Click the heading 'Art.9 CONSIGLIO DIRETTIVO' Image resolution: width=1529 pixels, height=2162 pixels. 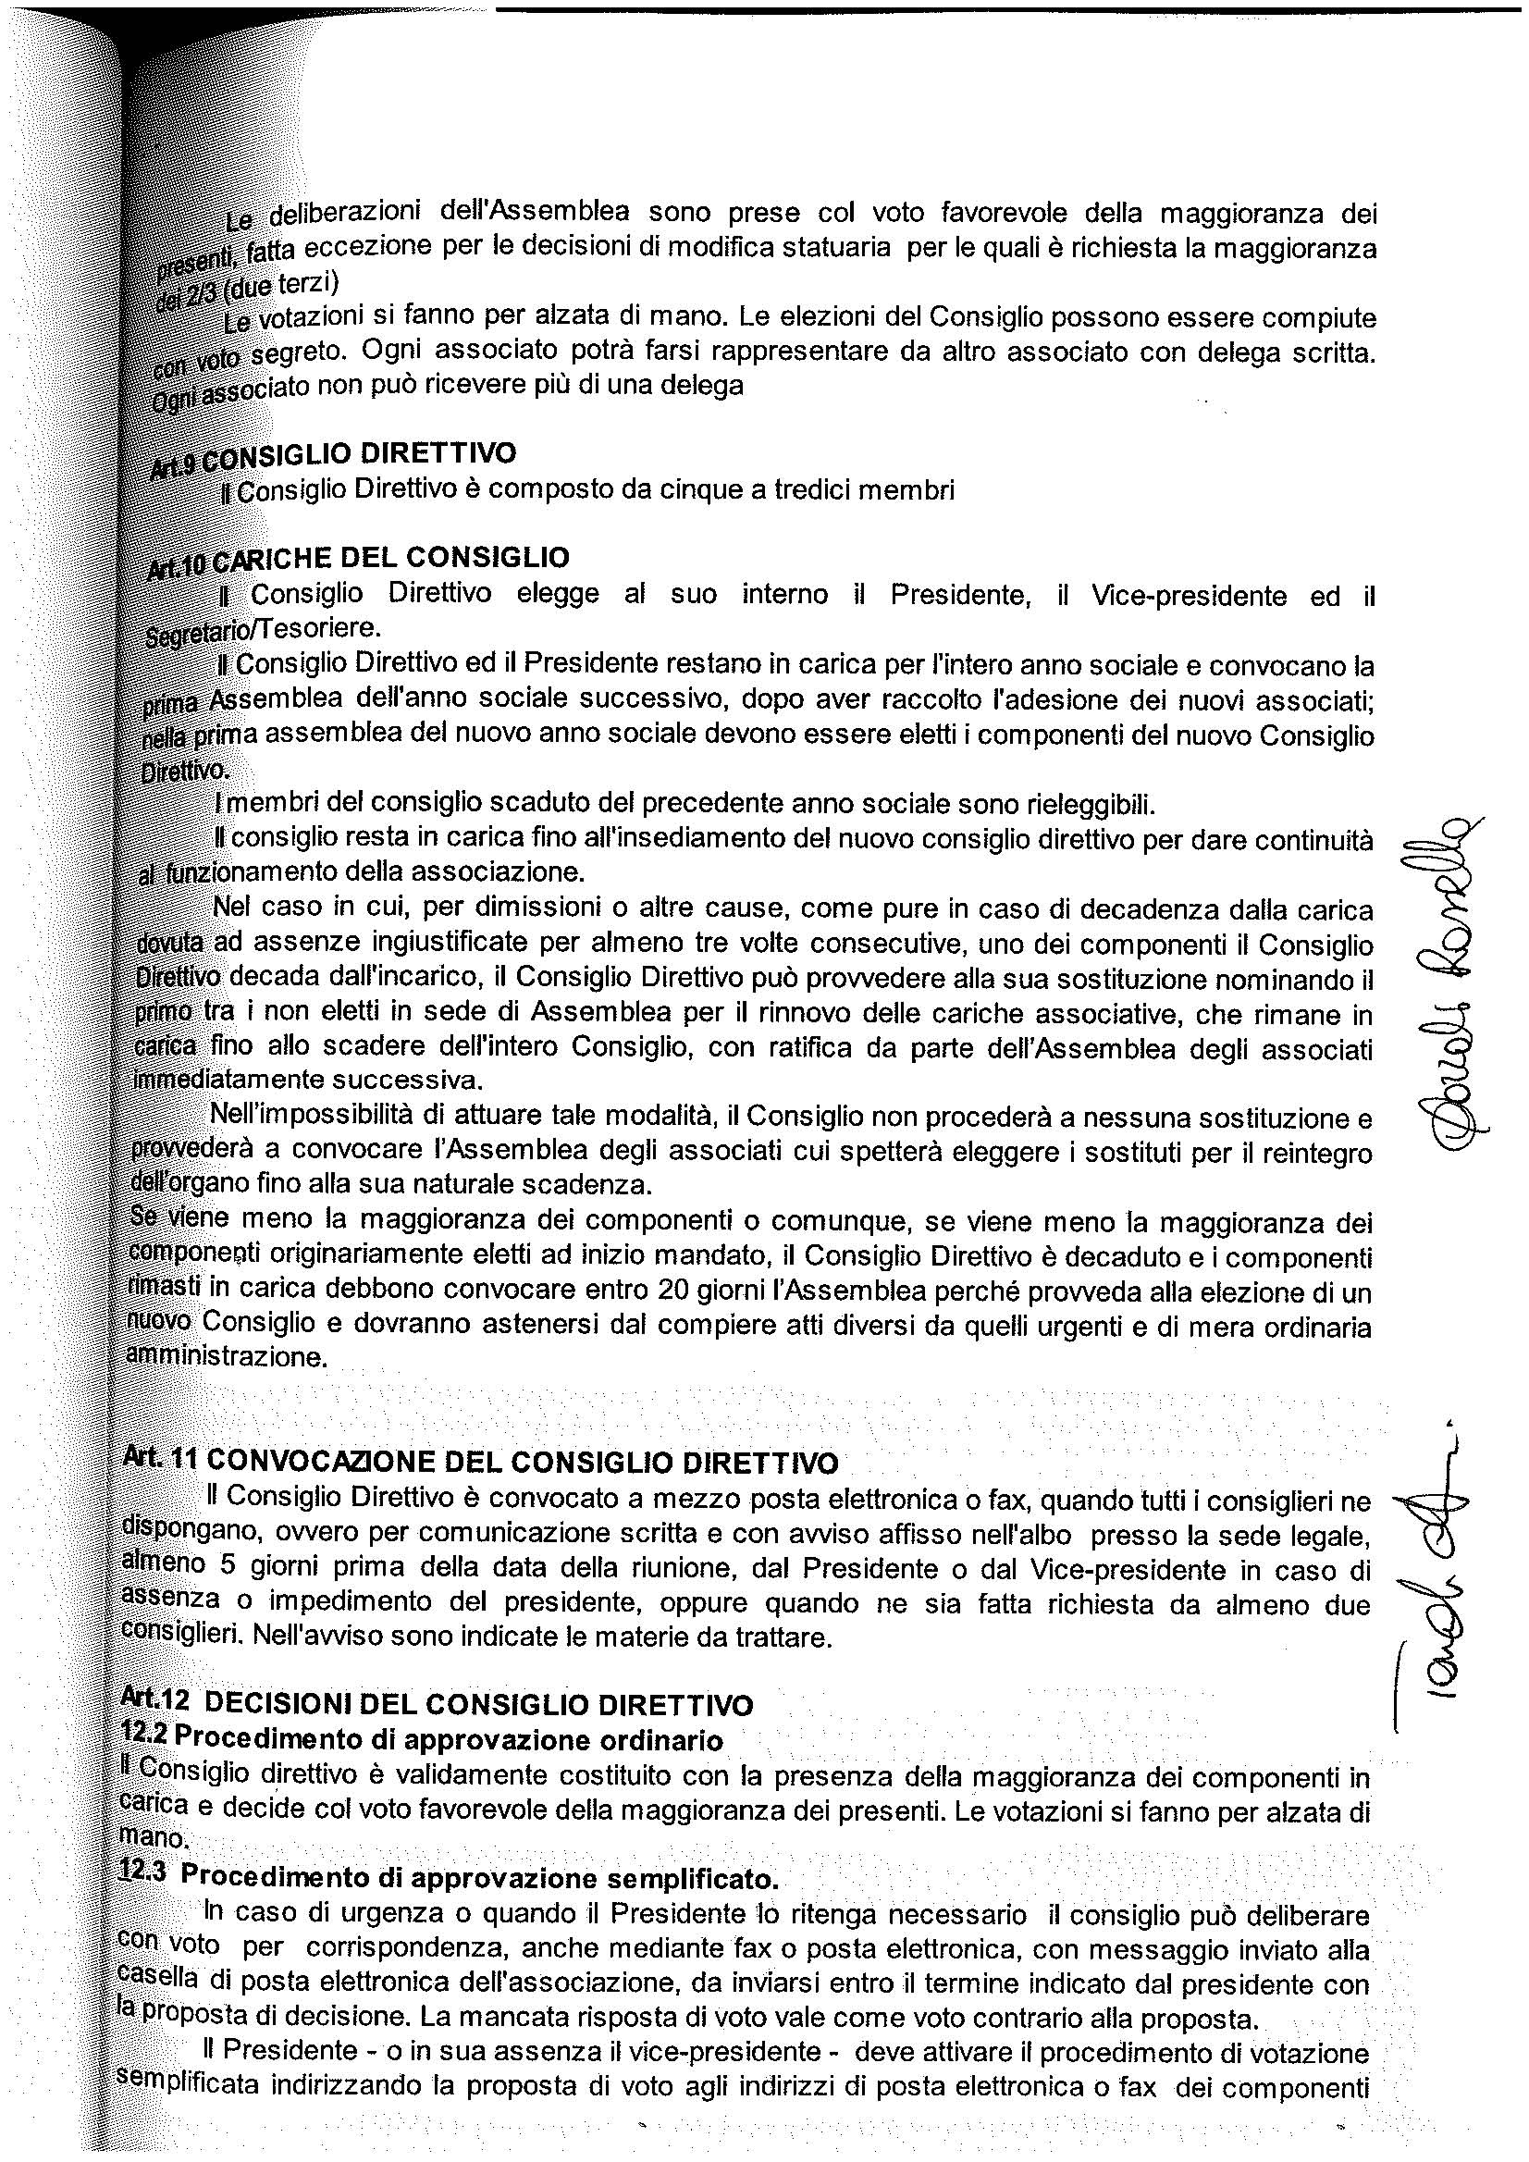pos(334,456)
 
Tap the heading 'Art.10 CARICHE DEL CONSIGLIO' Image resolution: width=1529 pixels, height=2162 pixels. pos(359,559)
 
